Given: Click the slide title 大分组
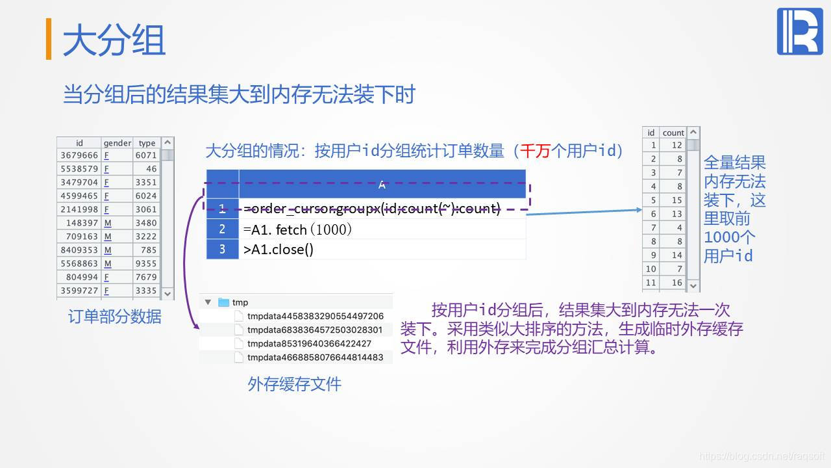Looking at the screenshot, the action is coord(114,40).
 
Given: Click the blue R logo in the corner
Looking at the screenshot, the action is coord(799,32).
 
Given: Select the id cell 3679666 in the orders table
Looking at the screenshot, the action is coord(79,155).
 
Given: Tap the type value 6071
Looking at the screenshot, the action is coord(146,155).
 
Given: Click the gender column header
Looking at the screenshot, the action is coord(117,143).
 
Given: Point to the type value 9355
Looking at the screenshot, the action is coord(146,264).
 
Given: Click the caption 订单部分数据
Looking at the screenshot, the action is coord(115,317).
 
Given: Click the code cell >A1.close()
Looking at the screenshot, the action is coord(279,250).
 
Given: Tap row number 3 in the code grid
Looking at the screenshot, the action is coord(222,250).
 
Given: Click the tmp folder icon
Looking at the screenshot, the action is coord(224,302).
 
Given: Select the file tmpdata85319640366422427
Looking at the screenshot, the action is coord(309,343).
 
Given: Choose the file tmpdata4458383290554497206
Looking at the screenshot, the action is coord(315,316).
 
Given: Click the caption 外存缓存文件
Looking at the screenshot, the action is coord(294,384).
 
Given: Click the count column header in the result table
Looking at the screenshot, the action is coord(673,133).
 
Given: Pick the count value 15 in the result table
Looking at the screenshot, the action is coord(676,200).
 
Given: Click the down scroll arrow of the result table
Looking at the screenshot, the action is coord(693,285).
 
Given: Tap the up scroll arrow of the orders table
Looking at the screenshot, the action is coord(168,142).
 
